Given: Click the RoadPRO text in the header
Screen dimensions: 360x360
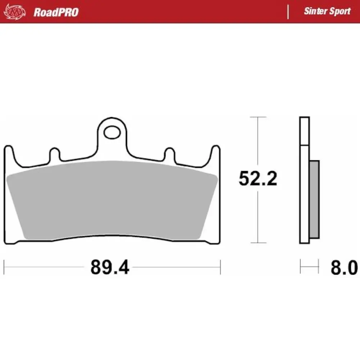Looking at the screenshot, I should point(56,12).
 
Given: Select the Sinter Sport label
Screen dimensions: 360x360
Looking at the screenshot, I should point(327,11).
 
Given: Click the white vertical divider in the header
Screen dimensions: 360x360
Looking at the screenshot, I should point(288,12).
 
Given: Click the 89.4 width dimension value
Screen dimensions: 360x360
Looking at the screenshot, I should point(109,267).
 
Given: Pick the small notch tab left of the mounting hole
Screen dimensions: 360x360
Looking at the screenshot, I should point(54,154).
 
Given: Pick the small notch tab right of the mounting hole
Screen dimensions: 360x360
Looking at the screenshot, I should point(170,154).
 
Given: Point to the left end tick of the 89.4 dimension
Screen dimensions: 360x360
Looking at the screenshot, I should point(4,267).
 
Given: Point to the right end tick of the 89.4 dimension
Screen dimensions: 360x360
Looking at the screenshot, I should point(220,267).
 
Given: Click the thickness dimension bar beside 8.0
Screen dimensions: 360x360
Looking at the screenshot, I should point(309,267).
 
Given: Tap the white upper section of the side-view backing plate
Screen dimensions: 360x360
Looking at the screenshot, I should point(304,131).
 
